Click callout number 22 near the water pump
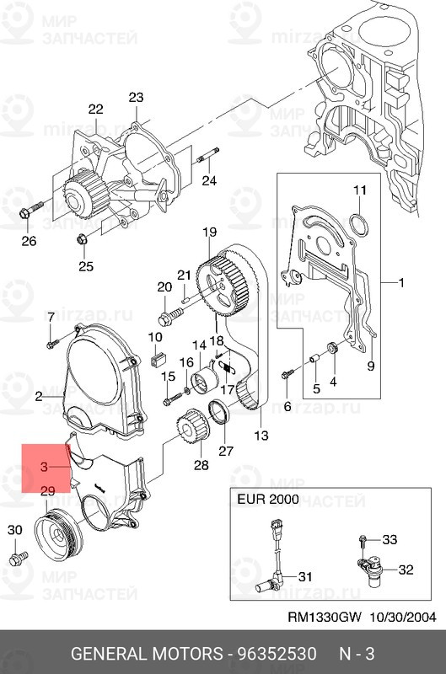pos(95,109)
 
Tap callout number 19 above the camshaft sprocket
pos(208,233)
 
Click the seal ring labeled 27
pos(220,415)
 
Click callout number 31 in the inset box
pos(304,576)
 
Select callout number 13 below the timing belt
pos(261,436)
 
